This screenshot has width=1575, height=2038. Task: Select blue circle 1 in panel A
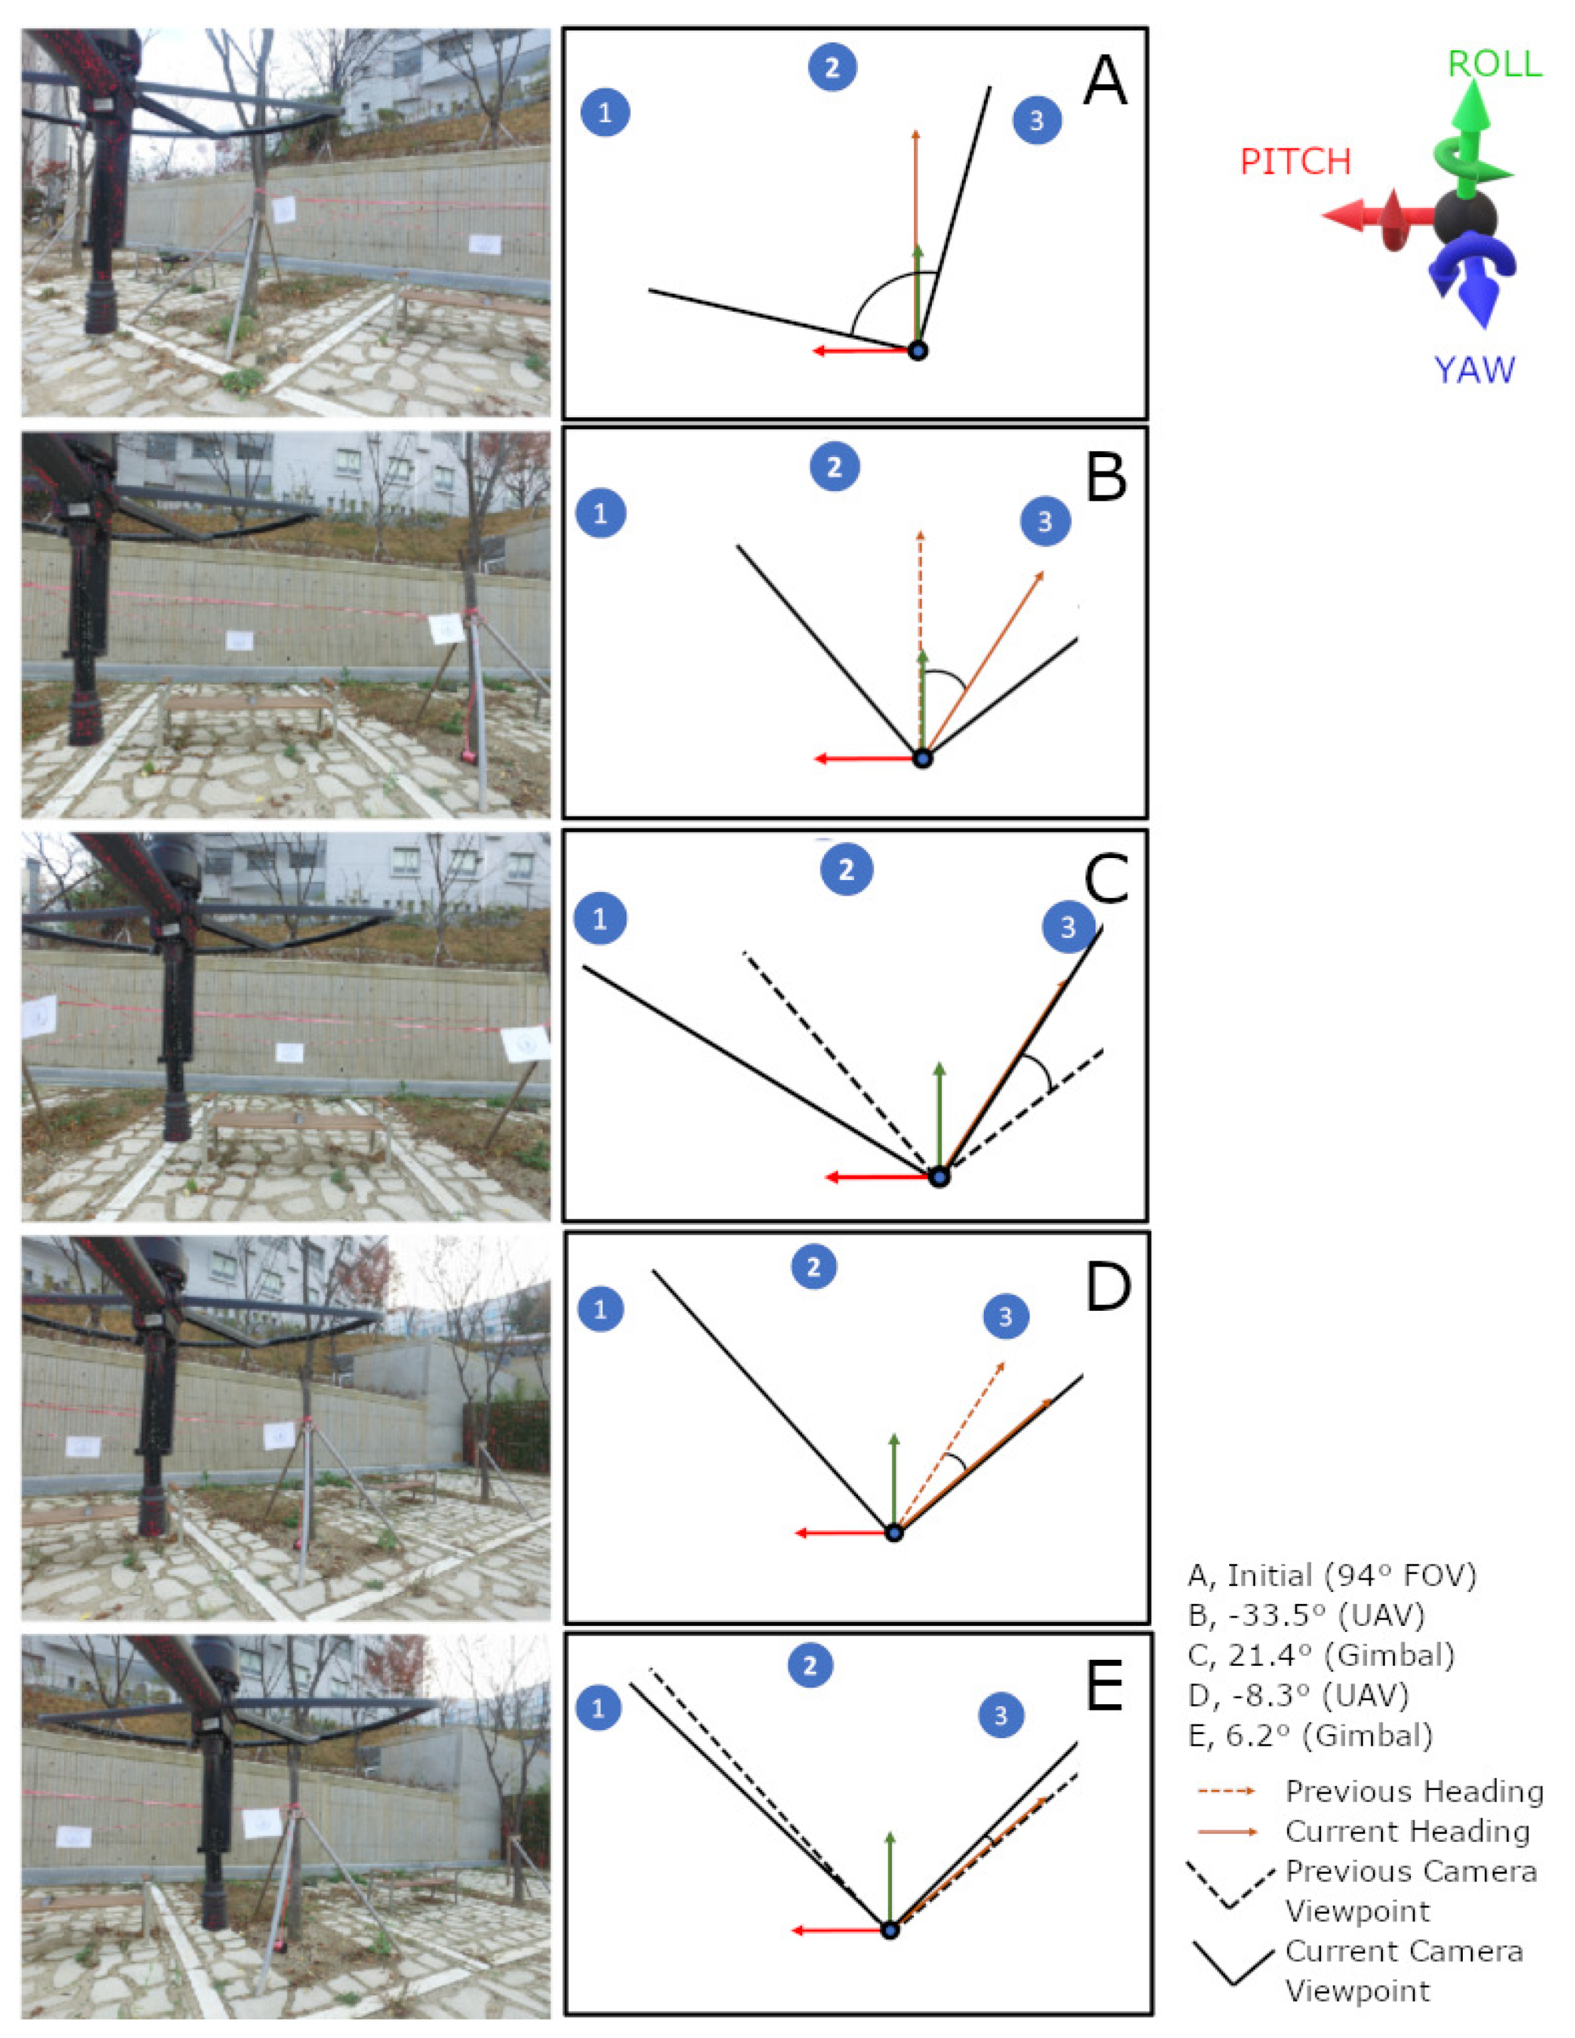point(605,113)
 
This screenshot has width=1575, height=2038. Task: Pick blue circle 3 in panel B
point(1045,520)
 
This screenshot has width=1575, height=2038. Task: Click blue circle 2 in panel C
point(847,870)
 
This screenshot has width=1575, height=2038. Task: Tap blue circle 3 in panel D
point(1005,1316)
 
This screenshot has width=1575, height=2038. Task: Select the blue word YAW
point(1474,371)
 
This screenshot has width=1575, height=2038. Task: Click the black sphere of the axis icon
point(1464,219)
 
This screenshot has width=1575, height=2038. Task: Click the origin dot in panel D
point(894,1532)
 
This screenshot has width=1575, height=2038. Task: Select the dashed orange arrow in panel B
point(921,644)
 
